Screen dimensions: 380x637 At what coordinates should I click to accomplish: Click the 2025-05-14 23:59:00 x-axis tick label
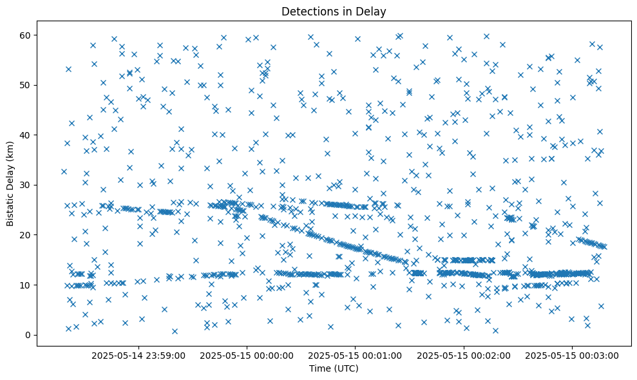pos(138,355)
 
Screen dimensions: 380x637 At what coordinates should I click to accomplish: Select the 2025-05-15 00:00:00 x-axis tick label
pos(247,355)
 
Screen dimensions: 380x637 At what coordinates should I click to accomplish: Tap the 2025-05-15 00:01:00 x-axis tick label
pos(356,355)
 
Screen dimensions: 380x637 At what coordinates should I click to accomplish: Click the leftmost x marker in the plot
pos(64,171)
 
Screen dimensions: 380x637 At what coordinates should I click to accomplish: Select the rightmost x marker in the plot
pos(604,247)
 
